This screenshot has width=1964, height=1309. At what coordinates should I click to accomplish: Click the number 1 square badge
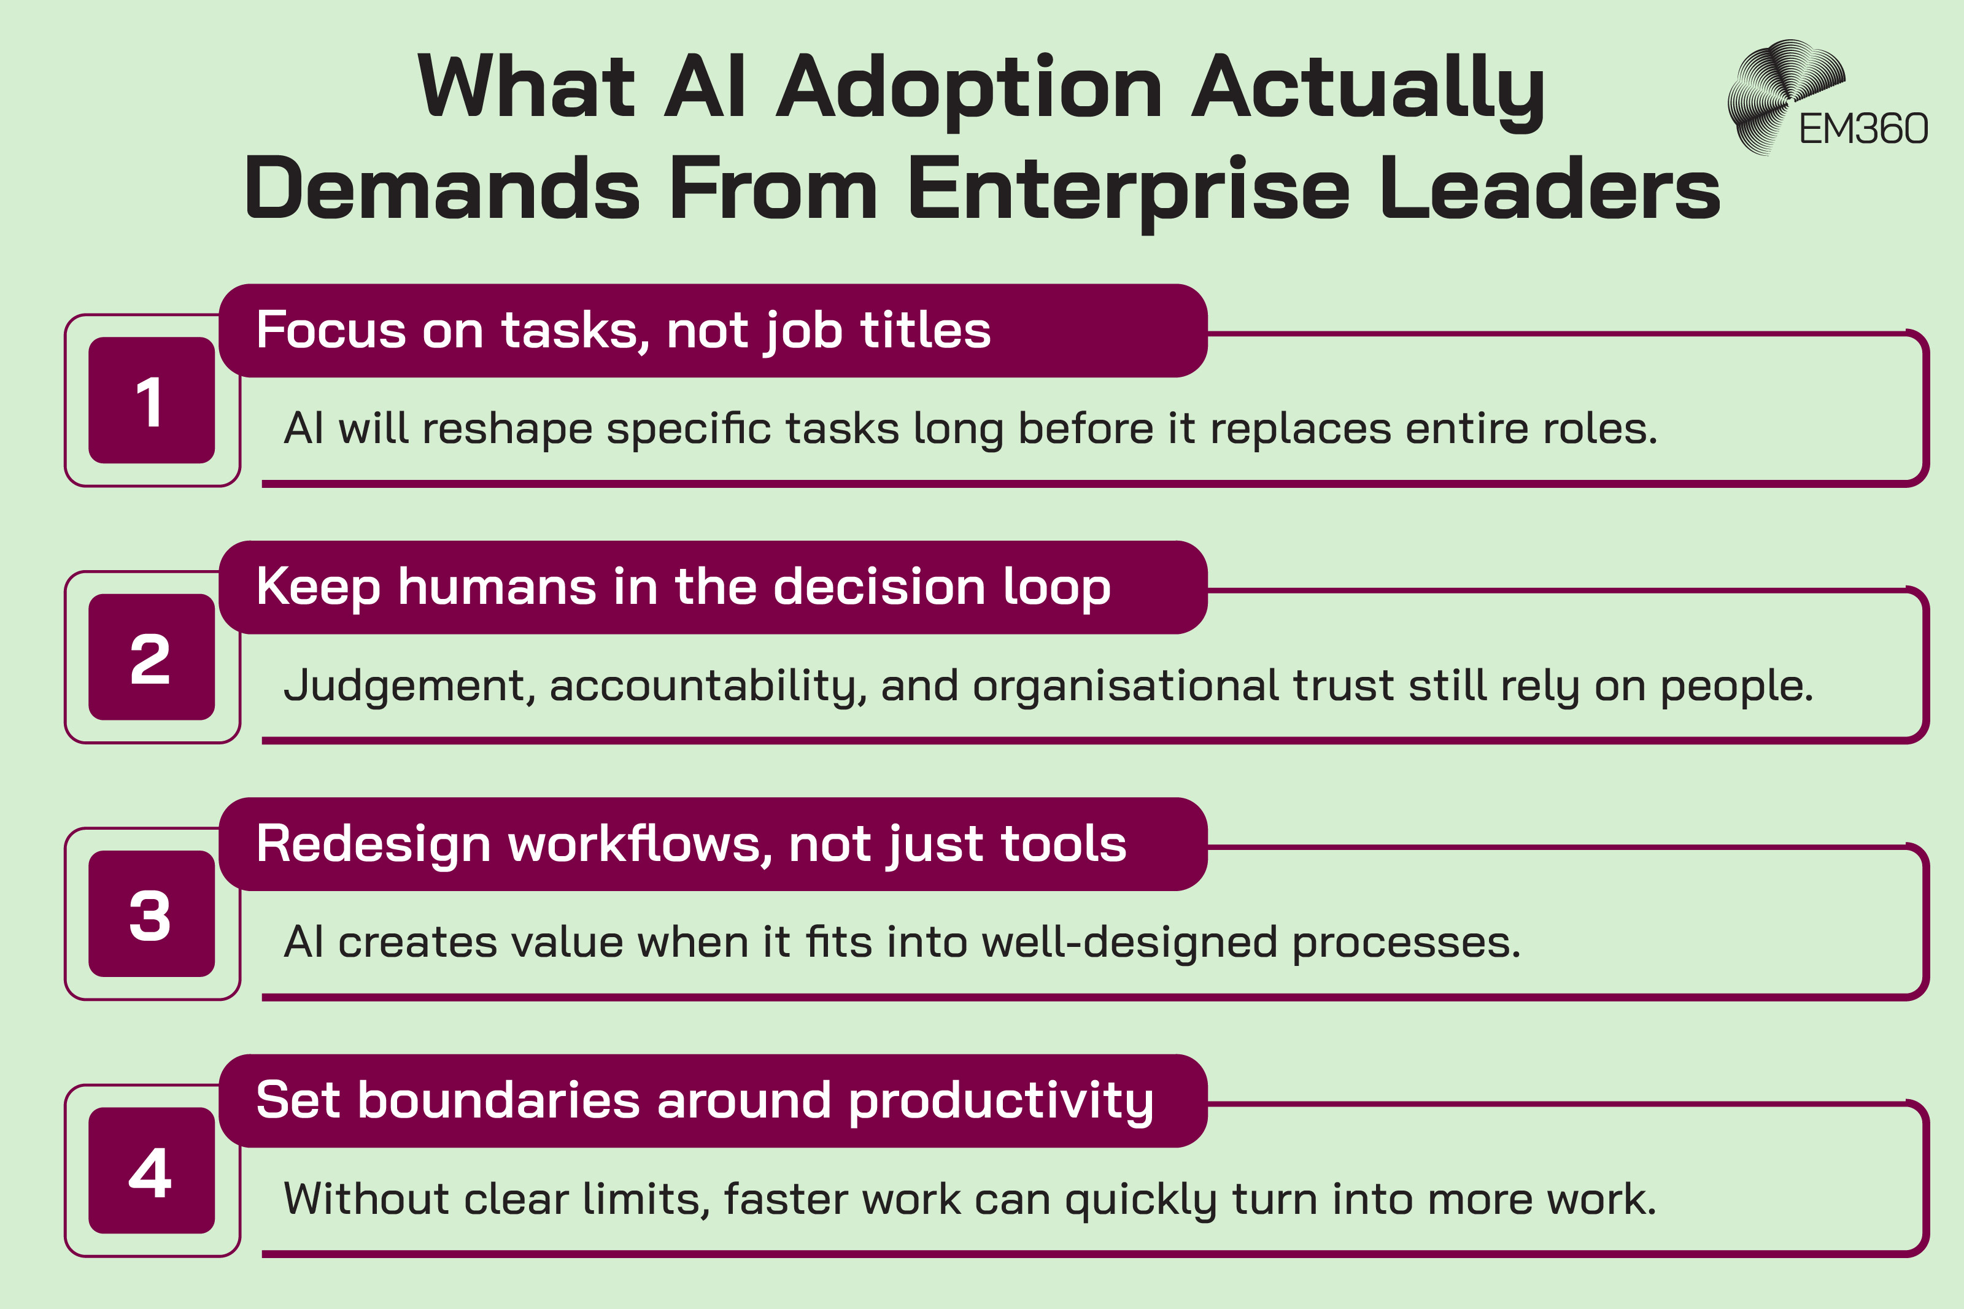(x=151, y=400)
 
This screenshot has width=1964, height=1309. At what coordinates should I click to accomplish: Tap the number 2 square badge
(x=151, y=657)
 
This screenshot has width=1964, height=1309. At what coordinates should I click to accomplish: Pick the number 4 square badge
(x=151, y=1170)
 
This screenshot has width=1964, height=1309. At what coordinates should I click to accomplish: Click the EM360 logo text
(x=1862, y=129)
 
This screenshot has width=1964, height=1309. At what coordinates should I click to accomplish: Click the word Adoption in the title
(x=969, y=88)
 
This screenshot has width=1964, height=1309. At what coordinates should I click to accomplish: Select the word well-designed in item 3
(x=1129, y=943)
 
